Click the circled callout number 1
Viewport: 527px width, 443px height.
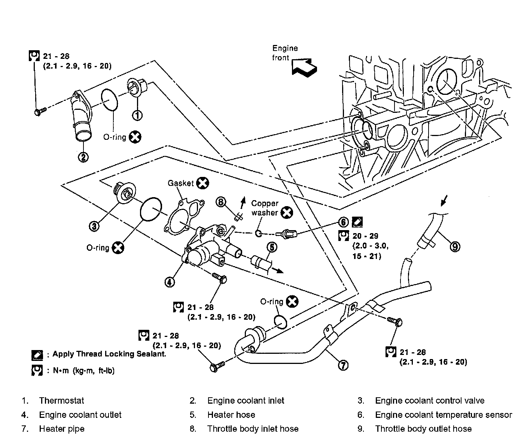pos(137,115)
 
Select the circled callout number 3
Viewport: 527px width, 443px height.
pos(94,226)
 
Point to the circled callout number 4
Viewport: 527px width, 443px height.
pos(170,281)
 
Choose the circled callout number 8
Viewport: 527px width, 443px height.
pos(221,202)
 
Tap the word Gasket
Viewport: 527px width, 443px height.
pos(181,183)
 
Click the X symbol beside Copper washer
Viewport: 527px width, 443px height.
pos(287,213)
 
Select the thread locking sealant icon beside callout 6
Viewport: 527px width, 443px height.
pos(357,222)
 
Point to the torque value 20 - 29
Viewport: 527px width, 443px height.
pos(365,236)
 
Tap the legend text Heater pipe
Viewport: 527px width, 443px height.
pos(62,429)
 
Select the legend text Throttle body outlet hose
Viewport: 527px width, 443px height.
pos(423,429)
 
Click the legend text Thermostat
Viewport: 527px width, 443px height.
pos(61,401)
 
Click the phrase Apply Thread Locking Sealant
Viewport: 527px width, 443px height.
pos(109,354)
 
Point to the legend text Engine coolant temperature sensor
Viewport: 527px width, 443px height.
pos(443,415)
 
